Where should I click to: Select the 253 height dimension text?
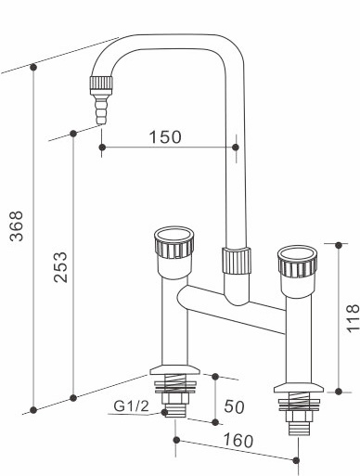[x=58, y=268]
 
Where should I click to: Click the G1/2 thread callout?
[x=131, y=406]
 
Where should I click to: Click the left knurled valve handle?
[x=176, y=246]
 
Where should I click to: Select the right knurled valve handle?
[x=296, y=265]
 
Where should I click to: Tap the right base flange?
[x=296, y=389]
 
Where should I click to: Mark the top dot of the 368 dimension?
[x=33, y=67]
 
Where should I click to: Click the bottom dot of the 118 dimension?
[x=339, y=391]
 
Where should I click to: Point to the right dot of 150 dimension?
[x=235, y=147]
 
